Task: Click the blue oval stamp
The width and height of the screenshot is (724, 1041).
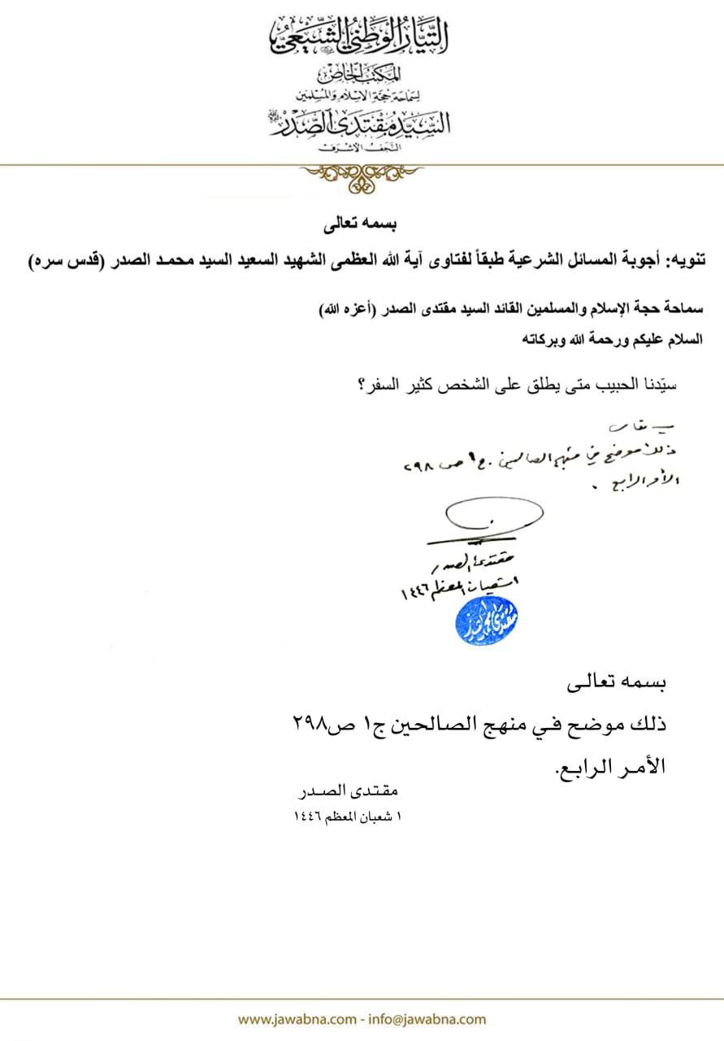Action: pos(487,623)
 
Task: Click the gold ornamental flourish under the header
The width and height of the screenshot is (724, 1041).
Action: pos(362,174)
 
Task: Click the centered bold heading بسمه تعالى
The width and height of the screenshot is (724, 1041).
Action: pos(362,221)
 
